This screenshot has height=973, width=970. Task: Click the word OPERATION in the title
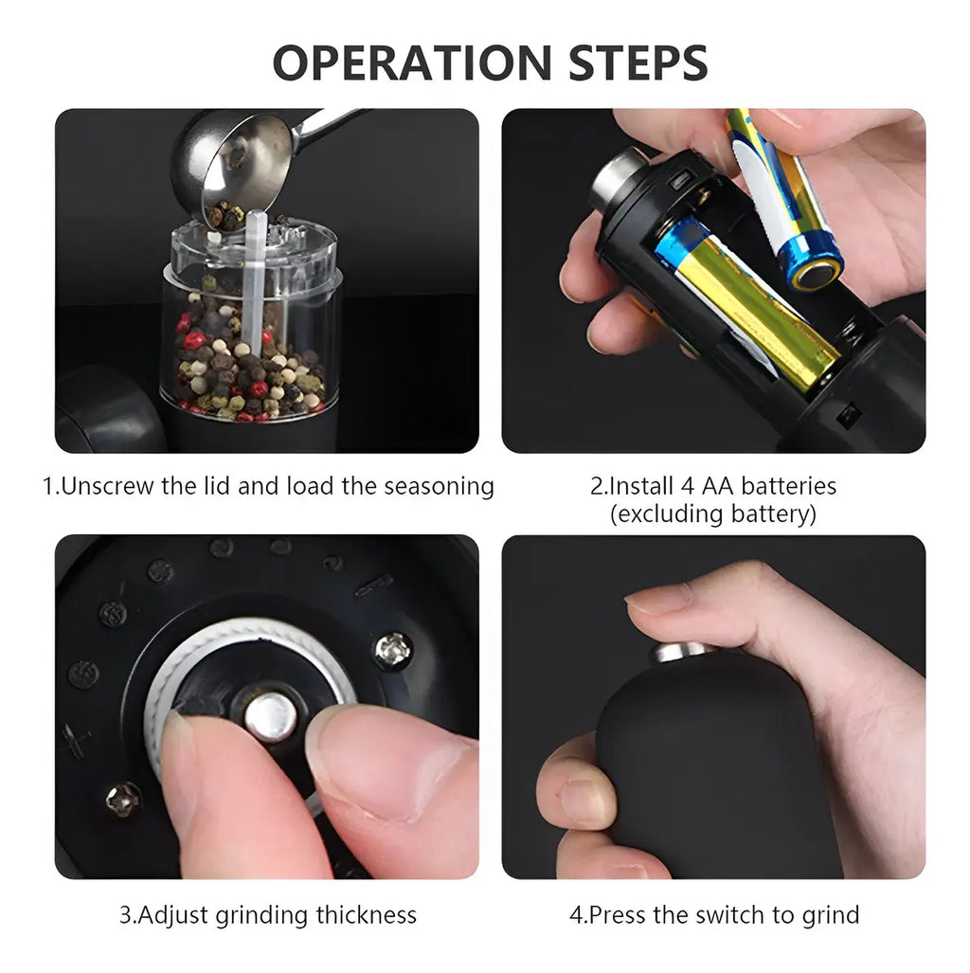tap(412, 63)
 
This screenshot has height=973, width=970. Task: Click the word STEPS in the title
tap(638, 63)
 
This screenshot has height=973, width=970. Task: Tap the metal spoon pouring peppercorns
tap(248, 161)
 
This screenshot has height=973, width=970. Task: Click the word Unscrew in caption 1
tap(107, 486)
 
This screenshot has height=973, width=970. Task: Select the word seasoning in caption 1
tap(439, 487)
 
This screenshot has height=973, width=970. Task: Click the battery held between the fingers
tap(784, 199)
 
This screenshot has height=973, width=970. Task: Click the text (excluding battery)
tap(713, 514)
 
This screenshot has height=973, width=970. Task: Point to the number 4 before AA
tap(687, 486)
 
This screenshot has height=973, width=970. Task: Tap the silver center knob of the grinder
tap(271, 716)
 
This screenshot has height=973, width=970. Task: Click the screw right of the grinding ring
tap(393, 650)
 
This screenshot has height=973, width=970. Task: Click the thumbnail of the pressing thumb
tap(657, 597)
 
